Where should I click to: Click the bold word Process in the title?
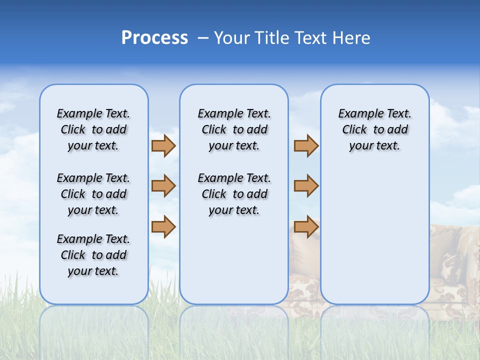(154, 38)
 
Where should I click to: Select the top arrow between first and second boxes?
(163, 145)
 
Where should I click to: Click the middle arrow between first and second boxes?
(163, 186)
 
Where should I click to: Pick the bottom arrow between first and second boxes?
(163, 226)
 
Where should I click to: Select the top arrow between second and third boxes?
(306, 145)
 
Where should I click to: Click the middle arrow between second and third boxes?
(306, 186)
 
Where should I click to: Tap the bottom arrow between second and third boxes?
(306, 226)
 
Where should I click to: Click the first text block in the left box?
(93, 129)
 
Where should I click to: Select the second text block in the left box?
(93, 194)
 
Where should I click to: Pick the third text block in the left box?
(93, 255)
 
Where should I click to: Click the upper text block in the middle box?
(234, 129)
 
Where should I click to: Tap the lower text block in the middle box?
(234, 194)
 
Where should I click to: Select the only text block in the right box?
(374, 129)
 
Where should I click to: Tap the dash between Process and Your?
(202, 38)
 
